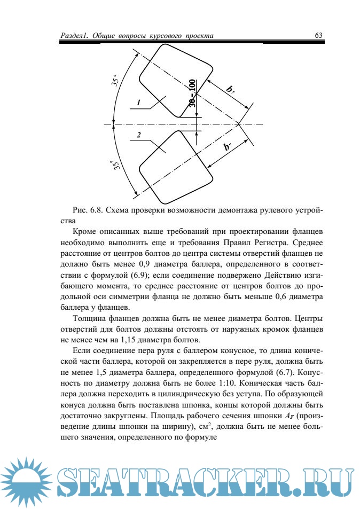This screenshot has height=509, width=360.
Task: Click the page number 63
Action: pos(319,36)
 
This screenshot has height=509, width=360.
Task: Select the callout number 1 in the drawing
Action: pos(138,102)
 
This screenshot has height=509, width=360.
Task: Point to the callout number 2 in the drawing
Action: pos(138,136)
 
